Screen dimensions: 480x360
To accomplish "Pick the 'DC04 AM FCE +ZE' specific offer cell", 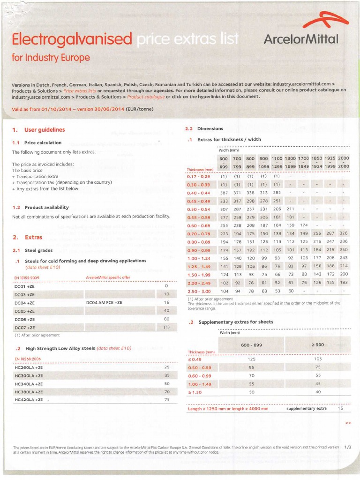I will pyautogui.click(x=105, y=303).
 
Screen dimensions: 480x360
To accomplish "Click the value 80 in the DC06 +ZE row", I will pyautogui.click(x=166, y=319).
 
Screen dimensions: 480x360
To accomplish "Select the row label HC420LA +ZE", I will pyautogui.click(x=29, y=400).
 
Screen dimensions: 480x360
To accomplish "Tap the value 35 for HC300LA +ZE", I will pyautogui.click(x=166, y=375).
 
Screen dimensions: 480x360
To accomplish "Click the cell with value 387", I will pyautogui.click(x=224, y=193).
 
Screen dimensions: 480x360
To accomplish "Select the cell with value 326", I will pyautogui.click(x=344, y=233).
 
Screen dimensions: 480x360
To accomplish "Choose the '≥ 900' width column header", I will pyautogui.click(x=318, y=345).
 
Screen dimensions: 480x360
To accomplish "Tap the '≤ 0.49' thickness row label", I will pyautogui.click(x=195, y=359).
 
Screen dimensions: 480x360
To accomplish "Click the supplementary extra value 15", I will pyautogui.click(x=340, y=408).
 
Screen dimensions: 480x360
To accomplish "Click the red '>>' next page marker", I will pyautogui.click(x=348, y=423).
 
